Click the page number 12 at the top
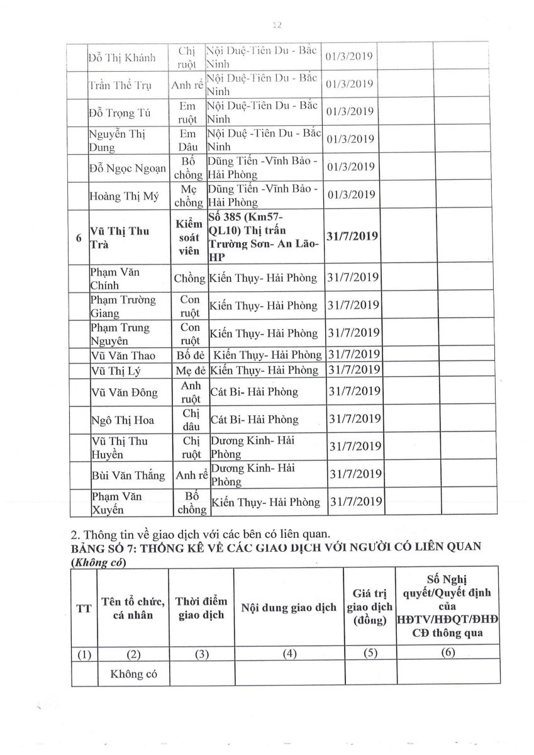(276, 25)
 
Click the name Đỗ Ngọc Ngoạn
(128, 168)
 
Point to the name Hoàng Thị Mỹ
(123, 196)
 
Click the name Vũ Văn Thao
(124, 355)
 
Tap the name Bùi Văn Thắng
(128, 475)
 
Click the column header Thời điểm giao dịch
(201, 608)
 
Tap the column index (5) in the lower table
(370, 654)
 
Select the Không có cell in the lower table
(132, 674)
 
